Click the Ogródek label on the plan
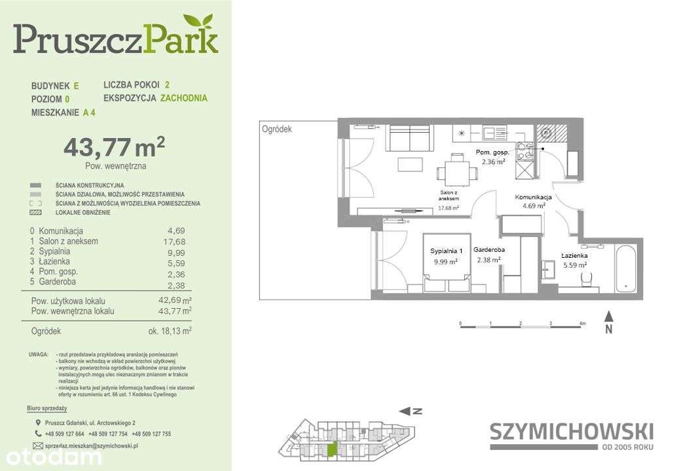[x=277, y=129]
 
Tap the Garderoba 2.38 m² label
[x=489, y=254]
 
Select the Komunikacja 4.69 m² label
[x=533, y=201]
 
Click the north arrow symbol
[x=608, y=323]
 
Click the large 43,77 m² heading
[x=113, y=147]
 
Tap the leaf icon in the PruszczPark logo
[x=198, y=23]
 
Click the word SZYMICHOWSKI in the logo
[x=571, y=431]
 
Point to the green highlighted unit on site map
[x=334, y=449]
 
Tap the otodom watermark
[x=50, y=455]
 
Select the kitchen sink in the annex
[x=496, y=133]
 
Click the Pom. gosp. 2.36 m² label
[x=492, y=157]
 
